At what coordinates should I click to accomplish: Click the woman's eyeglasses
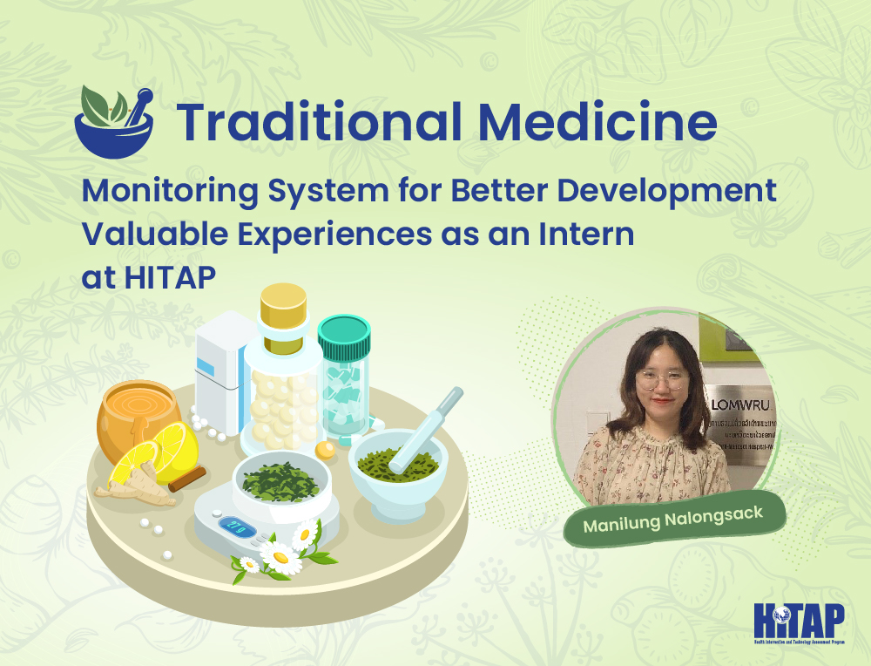point(659,378)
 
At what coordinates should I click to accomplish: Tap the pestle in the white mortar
point(424,425)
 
